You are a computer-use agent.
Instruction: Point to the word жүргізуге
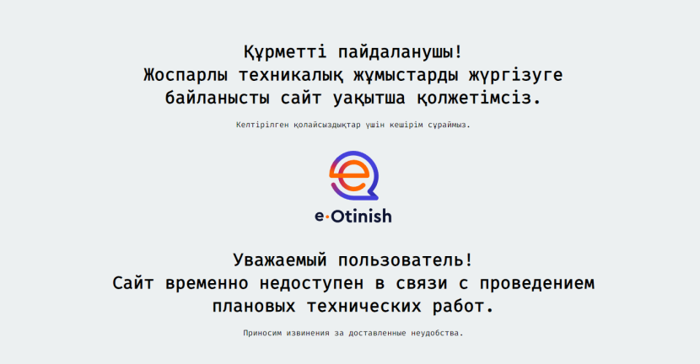tap(515, 75)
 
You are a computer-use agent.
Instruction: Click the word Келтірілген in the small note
tap(261, 125)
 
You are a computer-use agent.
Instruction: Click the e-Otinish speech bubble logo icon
tap(353, 176)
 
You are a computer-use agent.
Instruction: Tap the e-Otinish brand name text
tap(353, 217)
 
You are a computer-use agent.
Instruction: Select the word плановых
tap(252, 306)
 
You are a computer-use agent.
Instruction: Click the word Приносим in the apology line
tap(264, 333)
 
